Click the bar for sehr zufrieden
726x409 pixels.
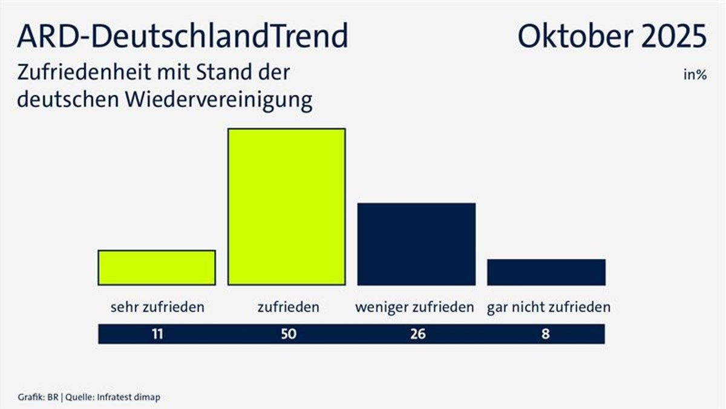(x=157, y=267)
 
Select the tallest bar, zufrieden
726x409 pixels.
(x=286, y=206)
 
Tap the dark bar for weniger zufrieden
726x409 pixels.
(x=416, y=244)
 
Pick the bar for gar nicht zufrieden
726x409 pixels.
(x=546, y=272)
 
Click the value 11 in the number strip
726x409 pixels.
(x=157, y=334)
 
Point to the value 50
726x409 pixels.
(x=289, y=334)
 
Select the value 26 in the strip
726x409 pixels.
(x=417, y=334)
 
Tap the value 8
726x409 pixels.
(x=546, y=334)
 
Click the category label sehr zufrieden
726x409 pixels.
(x=157, y=307)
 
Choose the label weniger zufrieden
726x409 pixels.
(x=414, y=307)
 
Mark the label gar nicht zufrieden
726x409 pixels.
(x=549, y=307)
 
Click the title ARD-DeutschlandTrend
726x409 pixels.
(x=183, y=36)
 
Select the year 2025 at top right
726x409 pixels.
(x=672, y=36)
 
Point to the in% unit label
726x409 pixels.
(x=695, y=76)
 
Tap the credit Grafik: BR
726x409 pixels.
(x=35, y=397)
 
